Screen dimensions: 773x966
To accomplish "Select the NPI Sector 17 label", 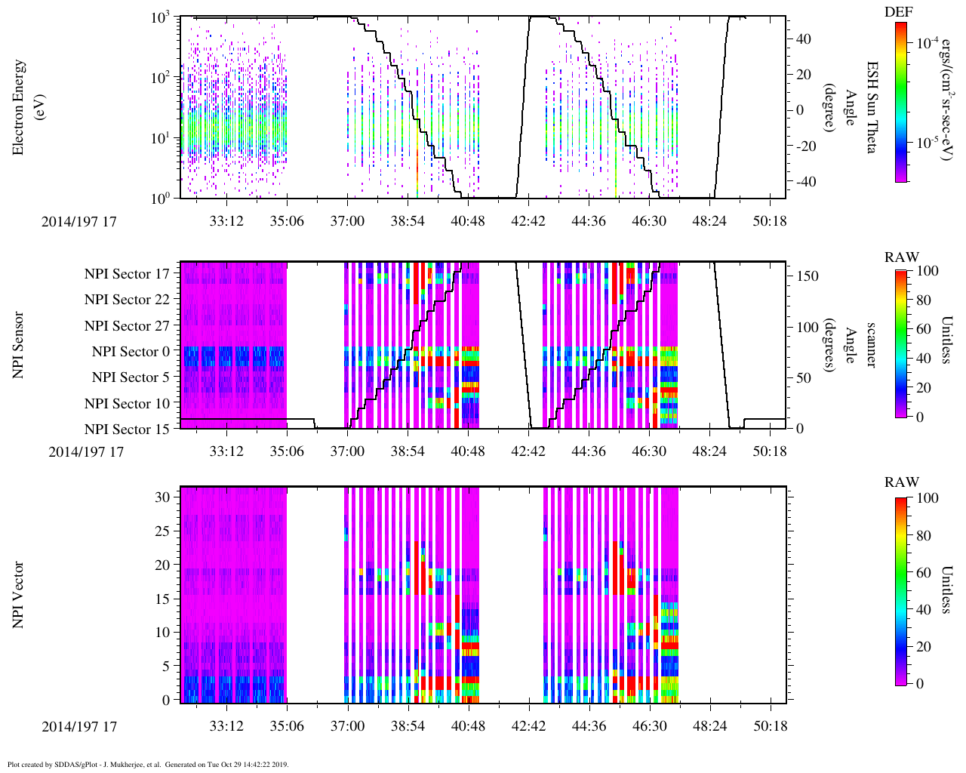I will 127,274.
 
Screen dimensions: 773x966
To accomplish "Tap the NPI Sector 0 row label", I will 131,352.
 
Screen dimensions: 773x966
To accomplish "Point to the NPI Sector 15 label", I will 127,430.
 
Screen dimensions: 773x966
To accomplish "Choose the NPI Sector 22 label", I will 127,300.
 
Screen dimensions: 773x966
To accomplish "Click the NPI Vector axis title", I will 19,594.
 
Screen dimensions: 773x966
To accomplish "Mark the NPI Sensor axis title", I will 19,344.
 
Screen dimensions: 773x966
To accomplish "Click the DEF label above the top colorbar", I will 898,12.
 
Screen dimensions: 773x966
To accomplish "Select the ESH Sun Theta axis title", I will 871,107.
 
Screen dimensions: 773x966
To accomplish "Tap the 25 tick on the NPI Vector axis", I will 162,531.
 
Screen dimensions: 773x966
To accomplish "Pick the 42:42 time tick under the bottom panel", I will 528,726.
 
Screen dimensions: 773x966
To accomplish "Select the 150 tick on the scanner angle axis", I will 808,276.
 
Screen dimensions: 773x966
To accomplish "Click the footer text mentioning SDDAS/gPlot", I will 147,764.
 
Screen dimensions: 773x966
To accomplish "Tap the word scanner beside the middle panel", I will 871,344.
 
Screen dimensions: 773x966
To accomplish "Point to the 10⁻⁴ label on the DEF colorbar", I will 928,44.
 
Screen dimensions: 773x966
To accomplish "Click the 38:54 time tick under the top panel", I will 408,221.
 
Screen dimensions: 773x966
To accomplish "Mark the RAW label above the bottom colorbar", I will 902,482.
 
